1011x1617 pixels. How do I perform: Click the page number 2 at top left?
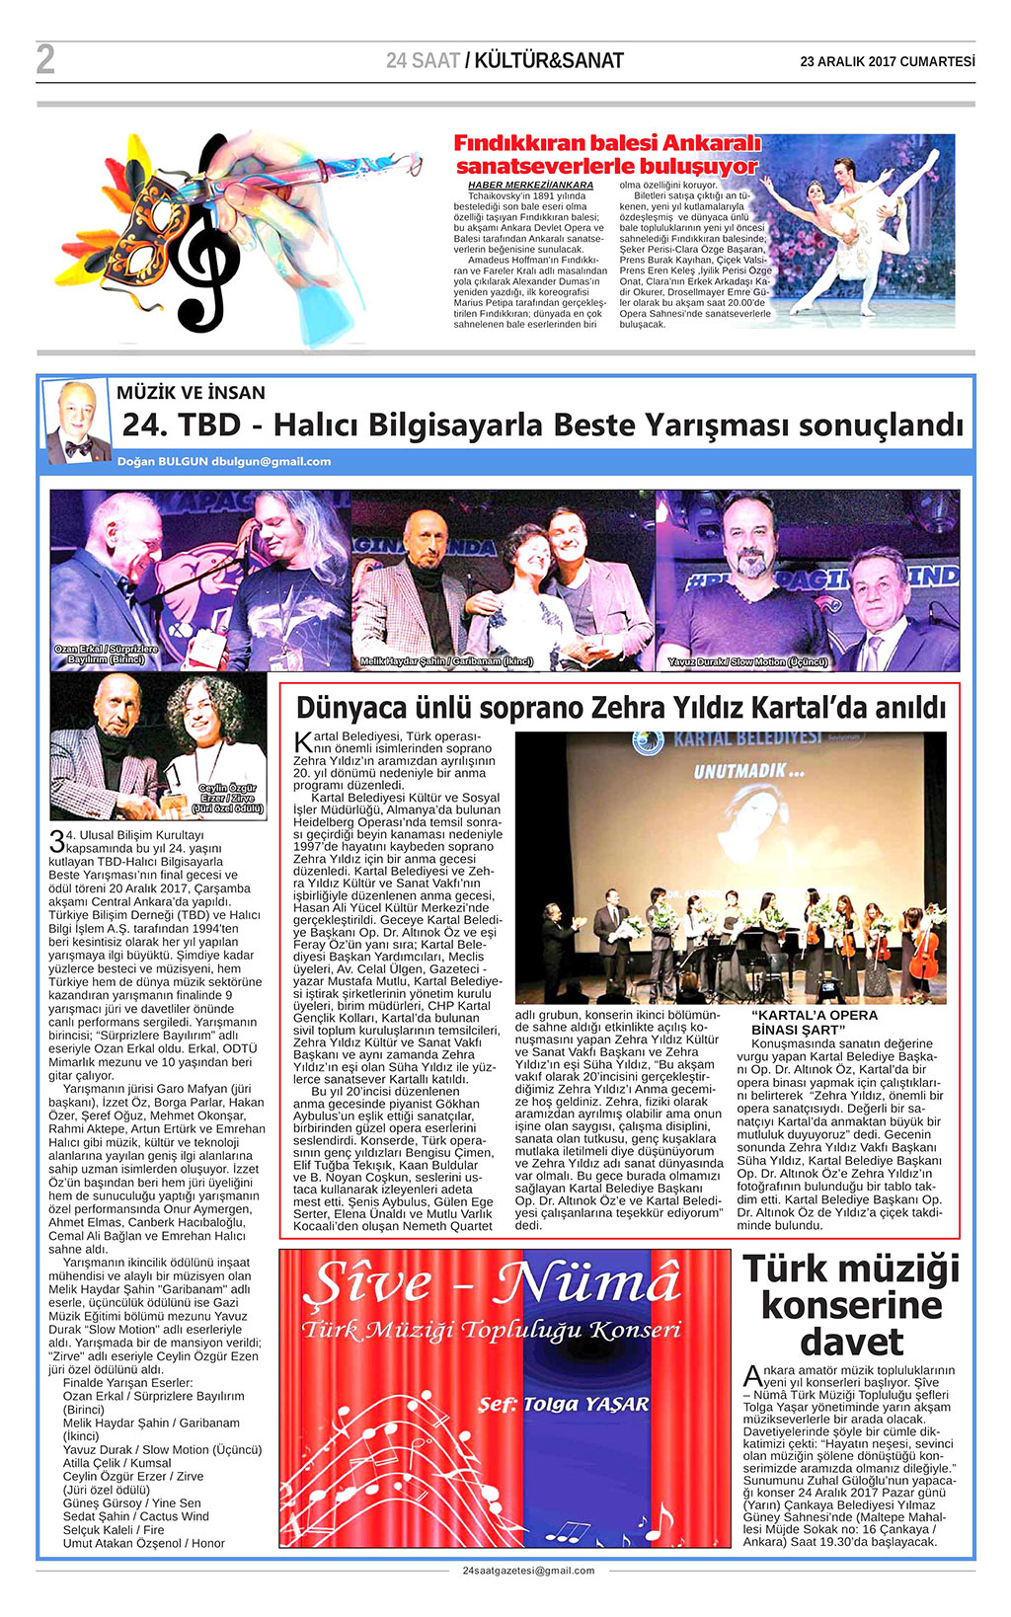point(45,60)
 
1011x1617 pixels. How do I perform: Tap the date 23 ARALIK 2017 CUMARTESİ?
point(887,61)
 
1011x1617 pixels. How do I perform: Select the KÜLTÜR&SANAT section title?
point(548,61)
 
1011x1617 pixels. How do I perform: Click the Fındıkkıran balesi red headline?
point(606,154)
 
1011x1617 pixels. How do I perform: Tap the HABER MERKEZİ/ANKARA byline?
point(530,185)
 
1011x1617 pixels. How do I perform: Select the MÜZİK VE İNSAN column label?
point(191,393)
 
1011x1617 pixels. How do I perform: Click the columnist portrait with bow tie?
point(77,422)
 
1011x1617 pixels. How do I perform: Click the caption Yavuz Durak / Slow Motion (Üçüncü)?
point(747,662)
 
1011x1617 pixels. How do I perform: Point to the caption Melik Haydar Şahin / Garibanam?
point(446,661)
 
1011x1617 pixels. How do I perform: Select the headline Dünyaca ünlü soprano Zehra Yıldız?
point(620,708)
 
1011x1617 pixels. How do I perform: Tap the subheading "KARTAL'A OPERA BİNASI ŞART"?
point(814,1022)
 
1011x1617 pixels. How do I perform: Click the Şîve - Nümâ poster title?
point(491,1284)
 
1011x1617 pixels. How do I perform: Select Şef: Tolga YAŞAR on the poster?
point(563,1404)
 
